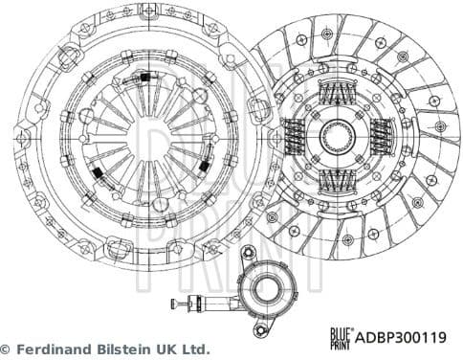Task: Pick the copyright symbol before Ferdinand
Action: pyautogui.click(x=8, y=349)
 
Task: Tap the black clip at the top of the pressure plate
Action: pyautogui.click(x=146, y=76)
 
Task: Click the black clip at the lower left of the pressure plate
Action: pyautogui.click(x=98, y=169)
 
